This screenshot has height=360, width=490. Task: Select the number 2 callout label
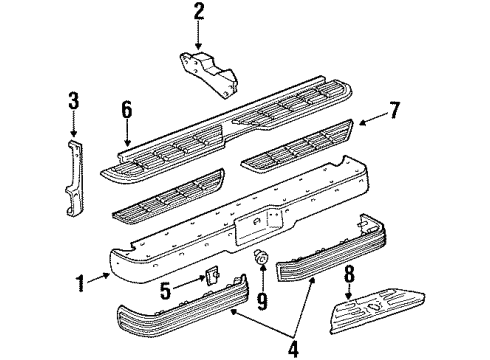coord(199,13)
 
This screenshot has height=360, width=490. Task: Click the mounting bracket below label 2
coord(209,70)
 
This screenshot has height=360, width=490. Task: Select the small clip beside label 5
coord(212,276)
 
